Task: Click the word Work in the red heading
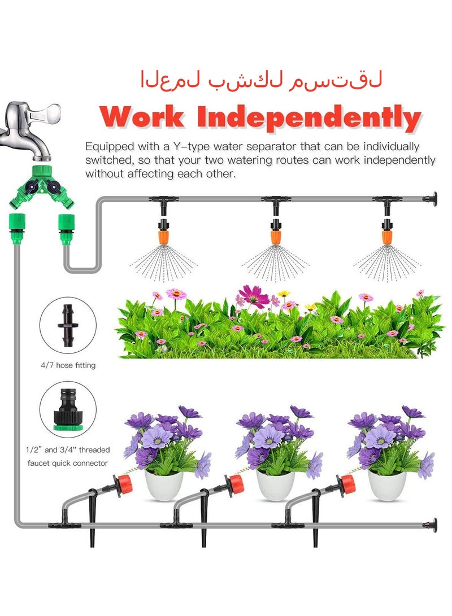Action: pyautogui.click(x=145, y=117)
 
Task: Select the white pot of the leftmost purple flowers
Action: pyautogui.click(x=164, y=485)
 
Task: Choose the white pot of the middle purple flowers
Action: pyautogui.click(x=275, y=485)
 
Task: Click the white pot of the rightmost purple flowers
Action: pyautogui.click(x=386, y=485)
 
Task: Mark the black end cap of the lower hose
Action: pyautogui.click(x=435, y=525)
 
